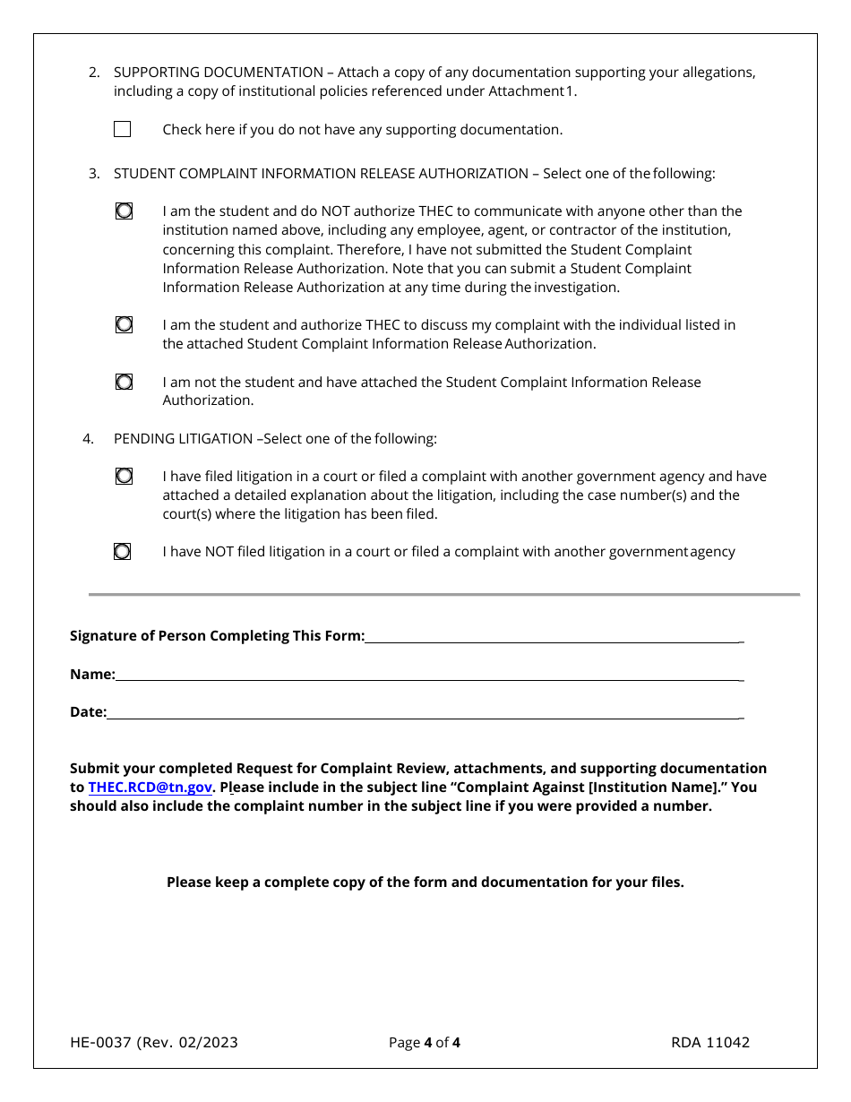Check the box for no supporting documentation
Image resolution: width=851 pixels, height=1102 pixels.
coord(123,130)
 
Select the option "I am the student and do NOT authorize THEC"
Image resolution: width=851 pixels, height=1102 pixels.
coord(124,211)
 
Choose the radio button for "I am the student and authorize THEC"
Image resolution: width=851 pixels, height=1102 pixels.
coord(124,325)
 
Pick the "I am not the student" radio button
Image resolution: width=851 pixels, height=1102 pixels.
coord(124,382)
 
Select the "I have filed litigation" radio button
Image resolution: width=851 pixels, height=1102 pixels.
coord(124,477)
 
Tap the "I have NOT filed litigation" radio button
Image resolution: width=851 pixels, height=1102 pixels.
coord(123,552)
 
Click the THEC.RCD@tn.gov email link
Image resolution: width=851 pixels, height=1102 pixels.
coord(150,788)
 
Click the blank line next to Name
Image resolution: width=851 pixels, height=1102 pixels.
coord(428,674)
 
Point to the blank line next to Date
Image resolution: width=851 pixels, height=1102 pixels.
coord(424,712)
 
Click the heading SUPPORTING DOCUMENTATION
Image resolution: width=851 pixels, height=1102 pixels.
coord(218,73)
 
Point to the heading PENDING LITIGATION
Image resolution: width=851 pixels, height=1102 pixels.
coord(183,439)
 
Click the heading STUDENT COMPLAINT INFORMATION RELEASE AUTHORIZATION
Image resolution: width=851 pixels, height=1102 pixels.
coord(321,174)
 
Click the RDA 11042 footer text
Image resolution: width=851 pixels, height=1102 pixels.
coord(710,1042)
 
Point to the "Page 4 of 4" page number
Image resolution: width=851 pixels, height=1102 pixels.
coord(425,1042)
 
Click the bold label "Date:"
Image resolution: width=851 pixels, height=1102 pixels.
coord(88,712)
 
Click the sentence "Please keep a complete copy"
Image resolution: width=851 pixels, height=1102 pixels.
coord(425,882)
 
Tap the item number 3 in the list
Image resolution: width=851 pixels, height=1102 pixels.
coord(93,174)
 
